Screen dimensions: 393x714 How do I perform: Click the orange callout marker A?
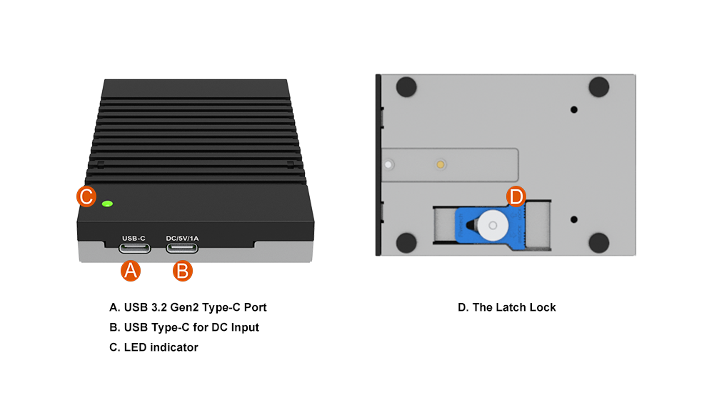coord(129,270)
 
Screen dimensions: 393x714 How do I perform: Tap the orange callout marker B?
coord(182,270)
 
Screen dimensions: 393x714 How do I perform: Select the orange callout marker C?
coord(86,196)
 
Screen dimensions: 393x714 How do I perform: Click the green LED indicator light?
coord(107,204)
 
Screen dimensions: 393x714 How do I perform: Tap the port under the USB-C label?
coord(135,248)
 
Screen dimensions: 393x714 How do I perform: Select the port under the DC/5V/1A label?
coord(182,248)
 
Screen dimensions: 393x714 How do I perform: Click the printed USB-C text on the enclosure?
coord(134,238)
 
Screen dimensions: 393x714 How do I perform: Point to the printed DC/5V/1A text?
coord(182,238)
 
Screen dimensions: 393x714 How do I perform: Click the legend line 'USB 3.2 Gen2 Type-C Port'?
coord(188,307)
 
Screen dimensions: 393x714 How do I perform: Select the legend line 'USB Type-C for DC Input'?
coord(183,327)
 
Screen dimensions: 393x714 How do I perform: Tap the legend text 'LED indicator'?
coord(154,347)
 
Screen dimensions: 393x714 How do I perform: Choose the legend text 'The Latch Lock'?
coord(507,307)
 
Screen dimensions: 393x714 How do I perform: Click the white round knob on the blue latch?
coord(491,227)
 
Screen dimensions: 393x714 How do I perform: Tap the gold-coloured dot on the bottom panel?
coord(441,164)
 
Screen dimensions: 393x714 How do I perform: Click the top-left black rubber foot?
coord(406,86)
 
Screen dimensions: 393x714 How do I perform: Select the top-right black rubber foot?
coord(598,86)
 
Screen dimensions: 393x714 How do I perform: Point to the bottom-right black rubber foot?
coord(598,242)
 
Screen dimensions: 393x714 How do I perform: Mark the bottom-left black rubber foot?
coord(406,242)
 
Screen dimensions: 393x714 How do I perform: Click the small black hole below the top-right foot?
coord(574,109)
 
